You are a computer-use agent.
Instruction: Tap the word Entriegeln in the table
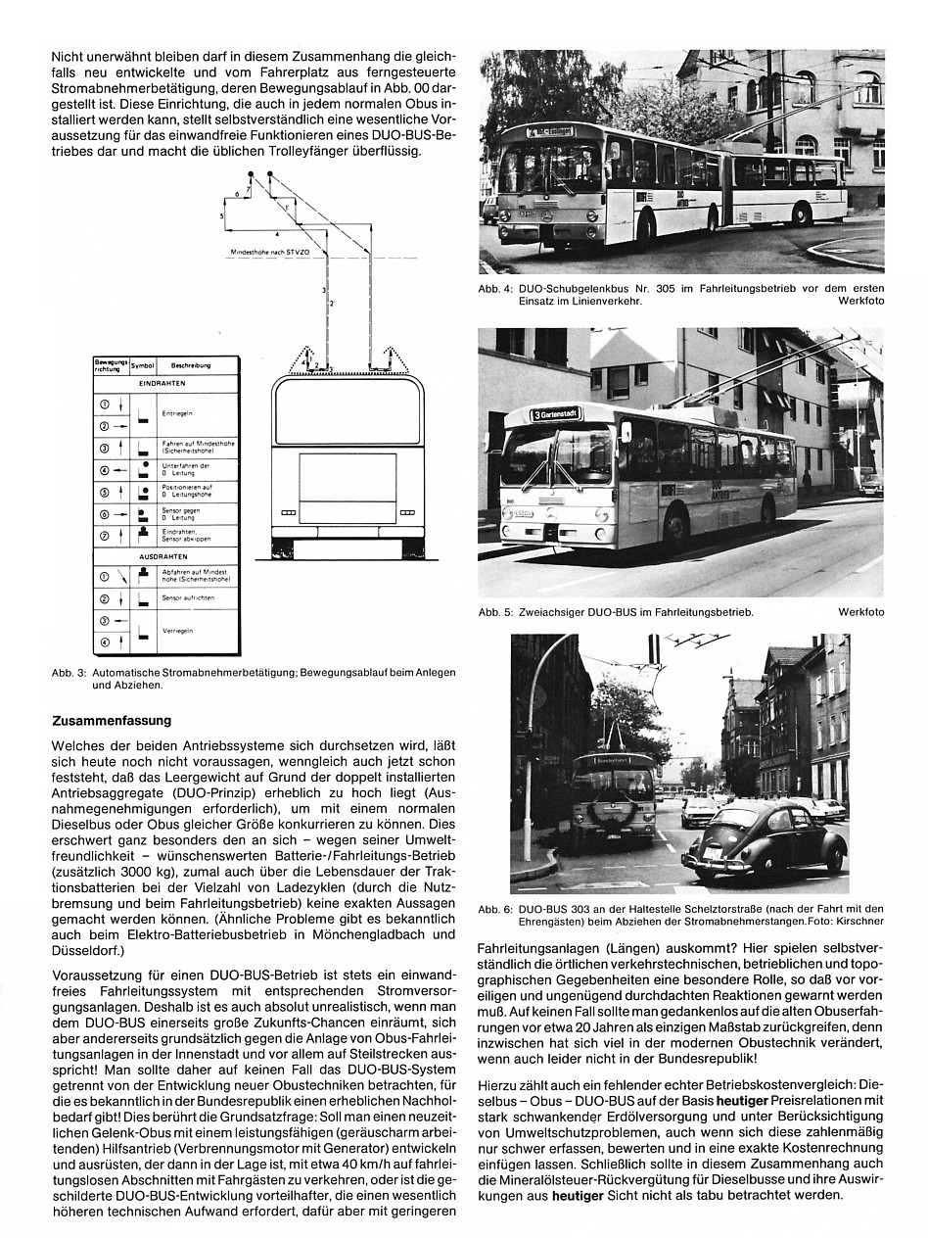[177, 414]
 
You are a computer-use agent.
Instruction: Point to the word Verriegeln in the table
[178, 631]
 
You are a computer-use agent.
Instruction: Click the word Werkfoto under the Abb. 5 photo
[860, 612]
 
